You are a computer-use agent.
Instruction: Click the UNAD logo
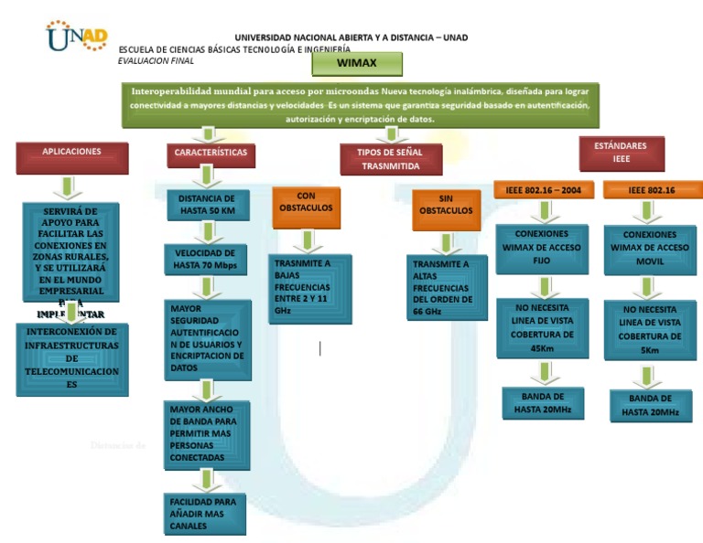coord(80,36)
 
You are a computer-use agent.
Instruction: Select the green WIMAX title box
coord(356,63)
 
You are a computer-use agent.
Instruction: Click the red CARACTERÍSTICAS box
coord(211,154)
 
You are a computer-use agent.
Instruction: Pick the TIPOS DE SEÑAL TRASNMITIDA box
coord(391,159)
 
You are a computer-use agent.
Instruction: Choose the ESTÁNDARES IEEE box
coord(622,153)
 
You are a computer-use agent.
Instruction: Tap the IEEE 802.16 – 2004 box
coord(544,190)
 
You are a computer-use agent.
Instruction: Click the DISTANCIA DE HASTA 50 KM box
coord(207,205)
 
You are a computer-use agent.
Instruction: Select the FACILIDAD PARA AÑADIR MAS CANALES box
coord(205,514)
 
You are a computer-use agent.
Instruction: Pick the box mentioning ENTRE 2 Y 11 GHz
coord(310,288)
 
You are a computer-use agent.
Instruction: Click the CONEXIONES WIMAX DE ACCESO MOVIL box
coord(651,248)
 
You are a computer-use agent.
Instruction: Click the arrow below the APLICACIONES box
coord(66,187)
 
